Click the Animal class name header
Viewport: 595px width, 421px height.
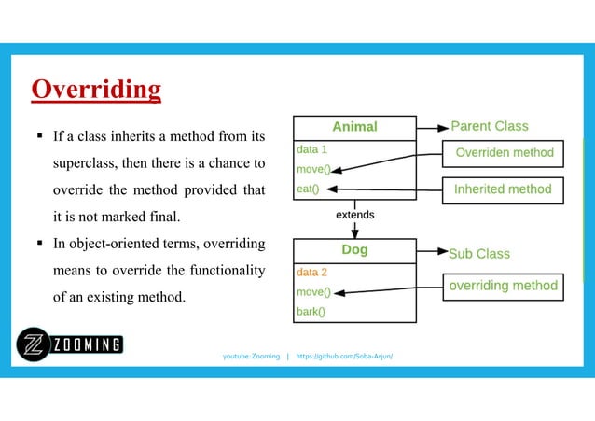coord(354,127)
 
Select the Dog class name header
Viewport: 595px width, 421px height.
coord(354,250)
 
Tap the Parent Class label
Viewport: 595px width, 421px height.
coord(489,126)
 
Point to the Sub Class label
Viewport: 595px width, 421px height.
coord(479,253)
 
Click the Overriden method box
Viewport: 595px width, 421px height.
coord(504,152)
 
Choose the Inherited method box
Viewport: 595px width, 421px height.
coord(502,189)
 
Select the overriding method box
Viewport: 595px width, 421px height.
coord(504,286)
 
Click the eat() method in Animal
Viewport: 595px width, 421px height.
coord(307,189)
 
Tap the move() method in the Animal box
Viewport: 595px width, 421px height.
coord(312,169)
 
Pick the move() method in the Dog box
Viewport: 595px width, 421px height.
coord(313,292)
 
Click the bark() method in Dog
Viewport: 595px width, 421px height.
coord(311,312)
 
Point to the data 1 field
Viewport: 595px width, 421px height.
coord(311,149)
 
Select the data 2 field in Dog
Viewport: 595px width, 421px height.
coord(311,273)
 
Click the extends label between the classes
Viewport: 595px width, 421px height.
coord(354,215)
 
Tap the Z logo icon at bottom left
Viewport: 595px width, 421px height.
coord(34,346)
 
